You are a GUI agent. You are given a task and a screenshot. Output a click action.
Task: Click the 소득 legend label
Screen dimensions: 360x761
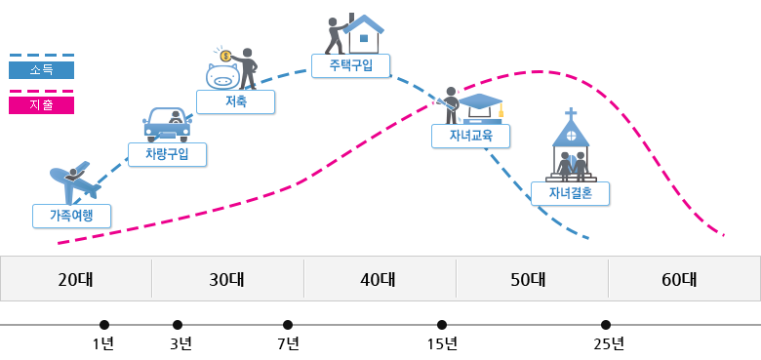pos(41,70)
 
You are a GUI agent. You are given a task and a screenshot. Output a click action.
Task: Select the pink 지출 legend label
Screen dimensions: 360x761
pos(41,105)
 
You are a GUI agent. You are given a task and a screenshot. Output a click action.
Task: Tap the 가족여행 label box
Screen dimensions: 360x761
pos(71,215)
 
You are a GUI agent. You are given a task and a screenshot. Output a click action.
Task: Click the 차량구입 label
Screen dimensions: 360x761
pos(167,154)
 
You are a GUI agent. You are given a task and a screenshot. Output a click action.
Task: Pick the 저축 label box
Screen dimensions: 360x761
pos(235,101)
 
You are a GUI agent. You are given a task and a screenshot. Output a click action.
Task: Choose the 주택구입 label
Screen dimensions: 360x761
pos(350,65)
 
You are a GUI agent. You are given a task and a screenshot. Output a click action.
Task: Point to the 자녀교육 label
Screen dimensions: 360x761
pos(470,135)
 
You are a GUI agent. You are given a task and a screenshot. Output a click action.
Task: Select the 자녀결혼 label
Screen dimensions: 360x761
pos(570,193)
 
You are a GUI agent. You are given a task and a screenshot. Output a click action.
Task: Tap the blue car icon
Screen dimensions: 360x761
pos(167,124)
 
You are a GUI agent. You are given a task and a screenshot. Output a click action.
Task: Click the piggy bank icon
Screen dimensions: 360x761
pos(223,75)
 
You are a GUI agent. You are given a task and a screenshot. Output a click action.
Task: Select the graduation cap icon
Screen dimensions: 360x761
pos(481,102)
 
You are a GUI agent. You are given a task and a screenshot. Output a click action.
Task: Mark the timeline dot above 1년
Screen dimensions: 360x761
pos(104,325)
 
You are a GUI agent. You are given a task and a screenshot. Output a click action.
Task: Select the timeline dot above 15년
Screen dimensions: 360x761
pos(442,325)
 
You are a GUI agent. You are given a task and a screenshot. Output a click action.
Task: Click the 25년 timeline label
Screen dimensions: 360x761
pos(607,343)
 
